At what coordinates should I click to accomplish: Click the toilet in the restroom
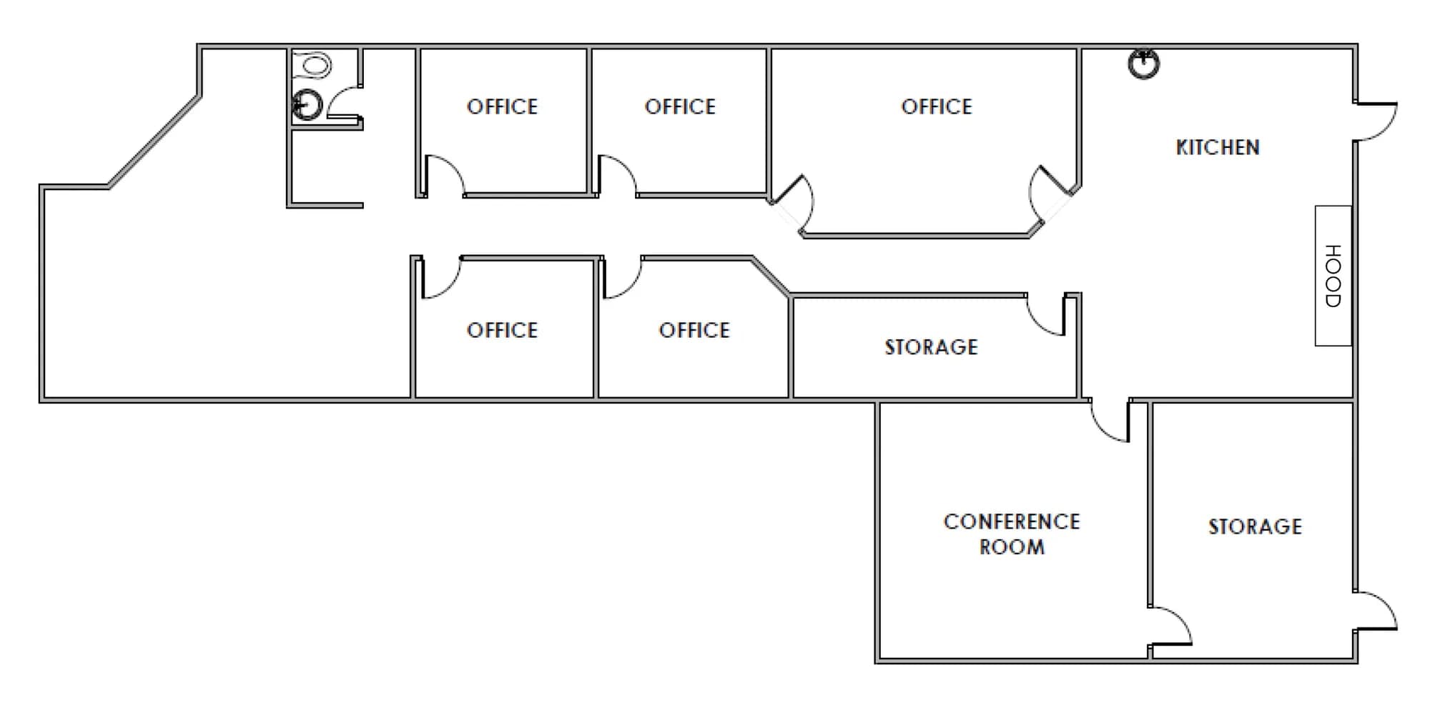(312, 65)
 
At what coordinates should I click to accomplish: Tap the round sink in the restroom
(307, 106)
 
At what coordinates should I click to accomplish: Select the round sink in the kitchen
(1143, 64)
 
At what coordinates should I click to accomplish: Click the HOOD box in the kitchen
(1333, 276)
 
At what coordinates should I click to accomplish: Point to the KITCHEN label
(1218, 147)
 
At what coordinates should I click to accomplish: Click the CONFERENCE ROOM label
(1012, 534)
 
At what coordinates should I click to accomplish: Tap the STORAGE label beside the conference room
(1255, 526)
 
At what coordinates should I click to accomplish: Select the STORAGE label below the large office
(931, 347)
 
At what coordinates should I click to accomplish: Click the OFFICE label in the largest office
(937, 107)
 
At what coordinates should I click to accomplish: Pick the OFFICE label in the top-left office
(502, 107)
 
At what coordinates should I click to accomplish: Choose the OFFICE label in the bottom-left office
(502, 330)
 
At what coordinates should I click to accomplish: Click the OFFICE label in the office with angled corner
(694, 330)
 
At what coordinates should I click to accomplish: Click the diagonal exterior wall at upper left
(154, 141)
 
